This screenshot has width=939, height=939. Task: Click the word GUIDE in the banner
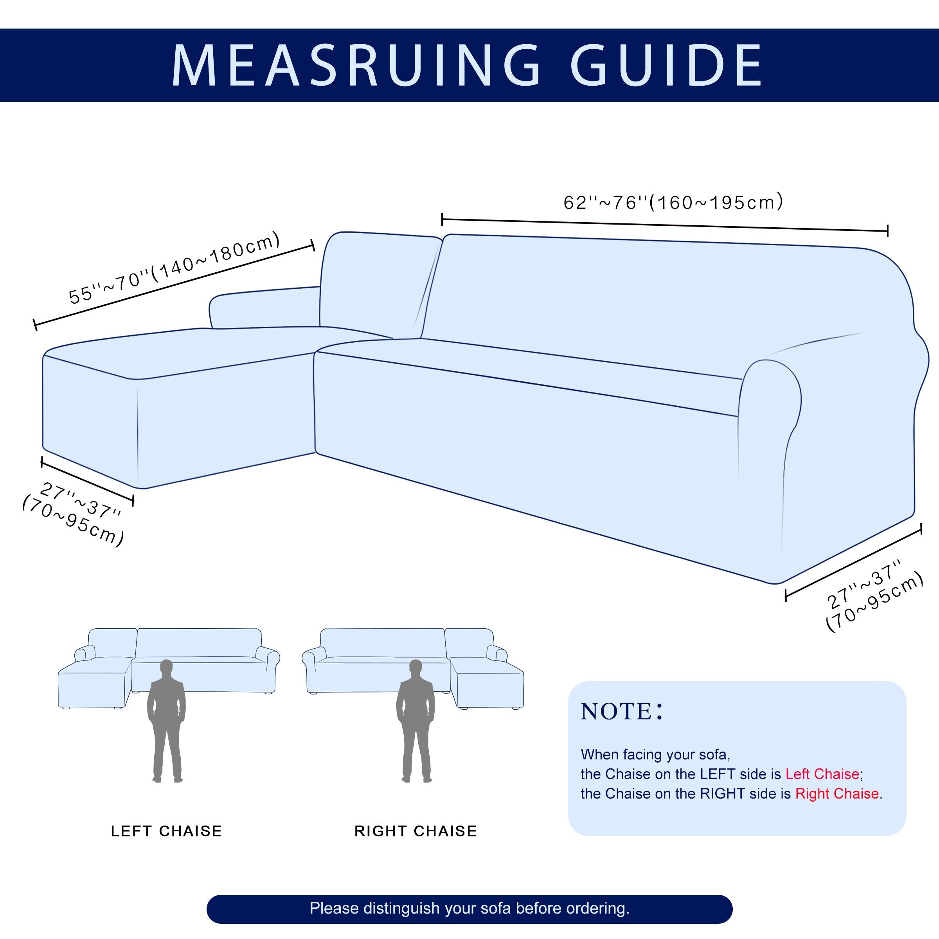click(666, 66)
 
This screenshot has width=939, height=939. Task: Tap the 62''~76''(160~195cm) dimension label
click(673, 202)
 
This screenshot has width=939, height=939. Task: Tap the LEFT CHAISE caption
click(166, 831)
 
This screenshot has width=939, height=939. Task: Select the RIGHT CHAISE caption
click(416, 831)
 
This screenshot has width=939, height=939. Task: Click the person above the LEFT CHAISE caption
click(167, 720)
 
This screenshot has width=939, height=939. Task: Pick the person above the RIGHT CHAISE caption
click(416, 720)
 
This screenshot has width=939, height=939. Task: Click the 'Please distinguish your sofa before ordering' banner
click(469, 908)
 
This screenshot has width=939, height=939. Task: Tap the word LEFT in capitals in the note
click(717, 774)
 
